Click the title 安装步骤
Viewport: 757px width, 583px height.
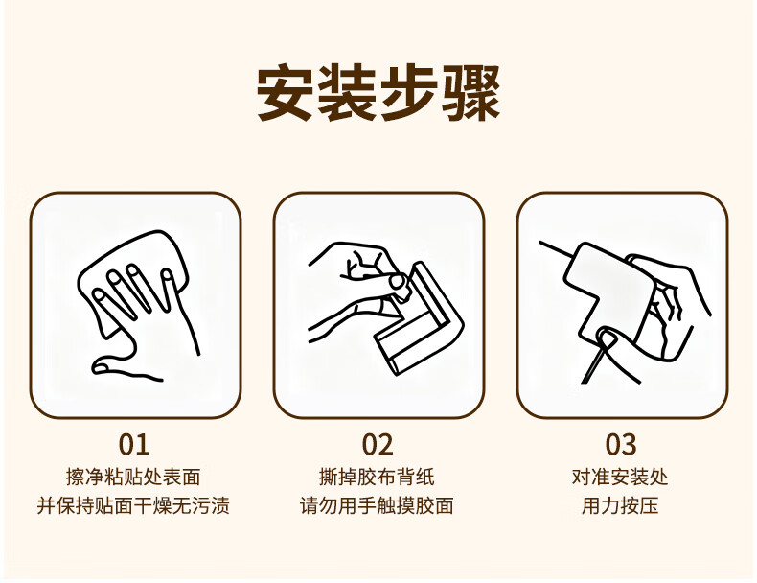(378, 93)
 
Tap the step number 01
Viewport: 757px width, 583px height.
(134, 444)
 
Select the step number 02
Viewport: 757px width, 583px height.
(378, 444)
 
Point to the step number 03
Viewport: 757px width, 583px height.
(621, 444)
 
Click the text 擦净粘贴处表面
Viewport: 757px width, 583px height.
(133, 478)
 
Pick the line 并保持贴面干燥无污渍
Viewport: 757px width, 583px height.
(133, 505)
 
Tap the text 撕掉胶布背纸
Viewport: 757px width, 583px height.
(377, 478)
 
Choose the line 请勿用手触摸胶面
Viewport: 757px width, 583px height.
(377, 505)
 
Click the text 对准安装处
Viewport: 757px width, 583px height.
(620, 478)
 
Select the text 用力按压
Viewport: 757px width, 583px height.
(620, 505)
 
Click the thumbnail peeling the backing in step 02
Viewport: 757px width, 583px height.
(399, 281)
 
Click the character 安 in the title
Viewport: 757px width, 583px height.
(285, 93)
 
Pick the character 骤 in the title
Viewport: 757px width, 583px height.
(471, 93)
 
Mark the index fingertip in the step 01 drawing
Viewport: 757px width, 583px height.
(101, 295)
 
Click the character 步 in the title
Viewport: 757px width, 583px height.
(409, 93)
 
